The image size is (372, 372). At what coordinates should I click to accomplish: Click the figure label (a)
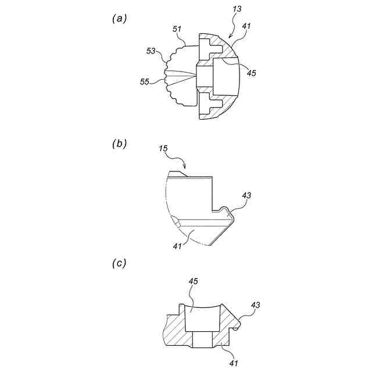pyautogui.click(x=119, y=18)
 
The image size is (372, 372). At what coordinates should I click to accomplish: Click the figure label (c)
pyautogui.click(x=119, y=263)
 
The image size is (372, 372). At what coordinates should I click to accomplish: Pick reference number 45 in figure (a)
pyautogui.click(x=251, y=73)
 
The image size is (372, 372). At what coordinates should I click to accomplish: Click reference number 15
pyautogui.click(x=164, y=150)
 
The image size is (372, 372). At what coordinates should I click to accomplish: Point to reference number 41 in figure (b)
pyautogui.click(x=178, y=246)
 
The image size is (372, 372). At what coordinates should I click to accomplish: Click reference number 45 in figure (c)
pyautogui.click(x=193, y=282)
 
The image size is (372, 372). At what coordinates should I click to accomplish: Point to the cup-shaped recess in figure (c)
pyautogui.click(x=201, y=320)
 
